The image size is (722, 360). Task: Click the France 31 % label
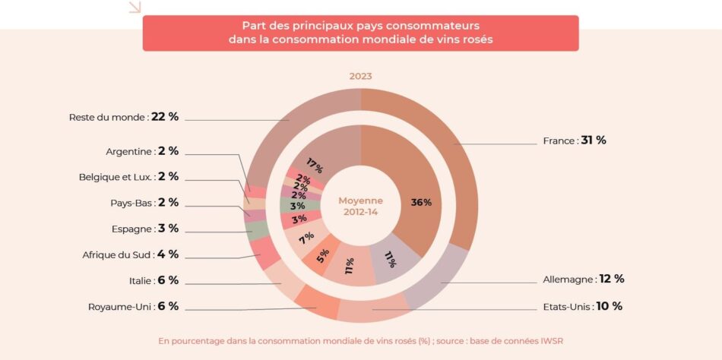coord(574,141)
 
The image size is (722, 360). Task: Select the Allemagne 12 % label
coord(584,279)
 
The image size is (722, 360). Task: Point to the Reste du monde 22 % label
coord(123,117)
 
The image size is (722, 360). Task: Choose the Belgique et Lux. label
coord(128,177)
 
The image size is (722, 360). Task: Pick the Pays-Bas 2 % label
coord(144,203)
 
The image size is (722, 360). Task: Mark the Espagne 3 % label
coord(144,229)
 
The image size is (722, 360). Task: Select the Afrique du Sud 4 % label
coord(130,254)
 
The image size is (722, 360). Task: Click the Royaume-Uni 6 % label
coord(133,306)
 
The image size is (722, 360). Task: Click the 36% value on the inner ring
coord(421,203)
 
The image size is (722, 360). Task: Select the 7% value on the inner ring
coord(306,238)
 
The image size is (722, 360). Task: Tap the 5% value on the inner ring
coord(324,255)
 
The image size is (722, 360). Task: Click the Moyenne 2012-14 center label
coord(361,205)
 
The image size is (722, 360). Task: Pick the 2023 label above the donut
coord(361,76)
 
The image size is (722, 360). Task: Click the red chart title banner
coord(361,33)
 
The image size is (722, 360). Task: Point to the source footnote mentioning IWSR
coord(361,341)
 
